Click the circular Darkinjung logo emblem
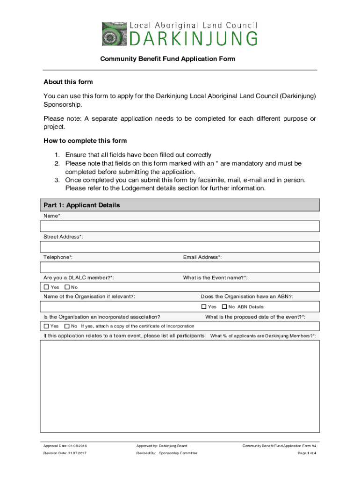(x=114, y=34)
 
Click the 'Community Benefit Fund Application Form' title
(x=167, y=59)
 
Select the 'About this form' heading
(x=68, y=82)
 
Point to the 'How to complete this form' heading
(x=85, y=140)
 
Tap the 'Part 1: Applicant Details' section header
(x=82, y=205)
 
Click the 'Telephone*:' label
(x=58, y=257)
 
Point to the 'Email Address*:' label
(x=202, y=257)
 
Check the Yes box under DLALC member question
(x=46, y=287)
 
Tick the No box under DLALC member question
(x=67, y=287)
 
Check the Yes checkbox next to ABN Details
(x=203, y=307)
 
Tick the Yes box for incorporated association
(x=46, y=326)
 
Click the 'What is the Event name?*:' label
(x=216, y=278)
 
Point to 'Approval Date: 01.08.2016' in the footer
(x=65, y=446)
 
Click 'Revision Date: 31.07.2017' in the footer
(x=65, y=453)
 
